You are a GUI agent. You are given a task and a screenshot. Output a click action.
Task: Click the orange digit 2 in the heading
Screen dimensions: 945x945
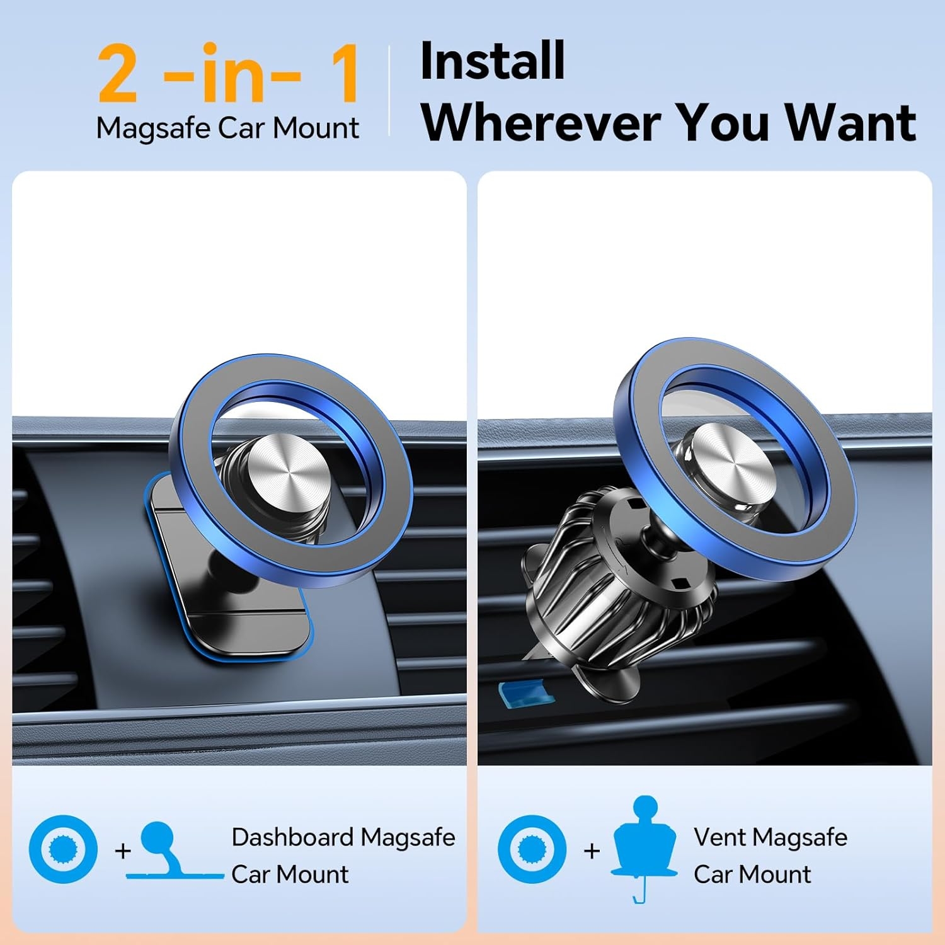118,74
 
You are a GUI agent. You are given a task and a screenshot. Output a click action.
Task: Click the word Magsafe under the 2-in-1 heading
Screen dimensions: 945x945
153,129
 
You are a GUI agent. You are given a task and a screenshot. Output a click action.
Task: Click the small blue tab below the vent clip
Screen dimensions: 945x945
526,692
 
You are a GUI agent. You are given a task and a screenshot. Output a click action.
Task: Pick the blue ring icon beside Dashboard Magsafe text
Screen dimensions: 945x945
63,849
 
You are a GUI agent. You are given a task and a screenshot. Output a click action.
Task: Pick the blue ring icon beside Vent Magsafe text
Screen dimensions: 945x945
532,849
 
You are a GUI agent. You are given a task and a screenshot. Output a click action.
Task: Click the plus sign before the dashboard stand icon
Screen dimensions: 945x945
123,851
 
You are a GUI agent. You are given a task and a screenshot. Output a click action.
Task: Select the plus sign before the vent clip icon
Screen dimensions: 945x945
592,851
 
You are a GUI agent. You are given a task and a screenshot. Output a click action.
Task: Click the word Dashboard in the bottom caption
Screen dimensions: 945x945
292,837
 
